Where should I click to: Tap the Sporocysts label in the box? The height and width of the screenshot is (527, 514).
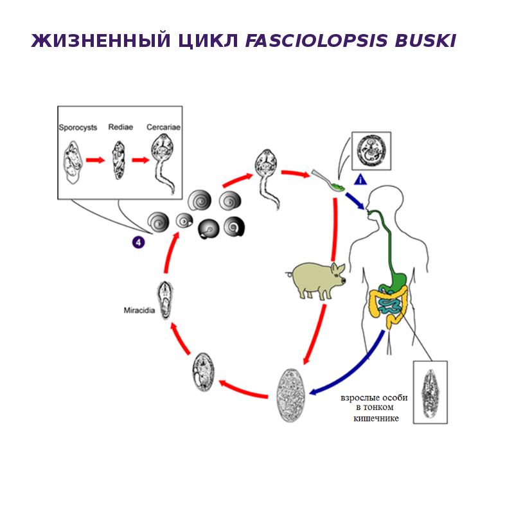pyautogui.click(x=78, y=127)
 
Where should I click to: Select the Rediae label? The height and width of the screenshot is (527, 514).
pyautogui.click(x=121, y=127)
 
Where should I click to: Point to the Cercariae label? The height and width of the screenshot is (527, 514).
pyautogui.click(x=163, y=127)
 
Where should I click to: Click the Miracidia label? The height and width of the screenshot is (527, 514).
pyautogui.click(x=138, y=310)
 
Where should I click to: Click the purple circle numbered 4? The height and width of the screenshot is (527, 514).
pyautogui.click(x=139, y=242)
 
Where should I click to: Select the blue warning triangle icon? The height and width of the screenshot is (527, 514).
pyautogui.click(x=360, y=180)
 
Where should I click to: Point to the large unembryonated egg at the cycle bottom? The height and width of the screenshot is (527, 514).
pyautogui.click(x=290, y=395)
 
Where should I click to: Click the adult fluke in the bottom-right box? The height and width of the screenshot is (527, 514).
pyautogui.click(x=430, y=391)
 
